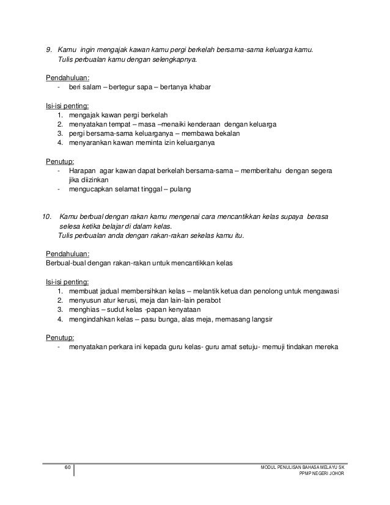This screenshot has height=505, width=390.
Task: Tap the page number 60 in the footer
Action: (68, 468)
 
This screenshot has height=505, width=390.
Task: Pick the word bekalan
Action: (226, 133)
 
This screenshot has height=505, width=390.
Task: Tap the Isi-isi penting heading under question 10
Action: (67, 282)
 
